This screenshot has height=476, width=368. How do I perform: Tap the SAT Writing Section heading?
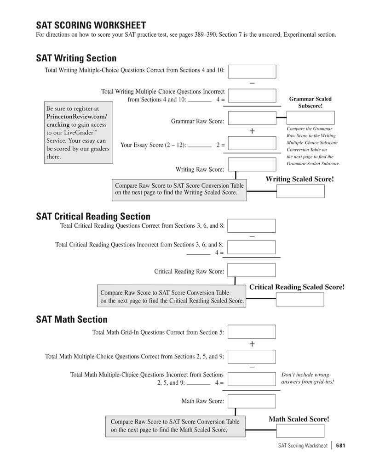(x=76, y=58)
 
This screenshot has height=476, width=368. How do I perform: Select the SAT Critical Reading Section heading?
(x=93, y=216)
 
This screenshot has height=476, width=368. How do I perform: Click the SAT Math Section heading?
(x=71, y=319)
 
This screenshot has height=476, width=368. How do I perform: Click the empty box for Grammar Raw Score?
(x=252, y=118)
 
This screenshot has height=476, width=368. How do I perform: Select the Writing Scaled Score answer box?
(x=300, y=191)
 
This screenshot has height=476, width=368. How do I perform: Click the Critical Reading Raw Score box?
(x=252, y=270)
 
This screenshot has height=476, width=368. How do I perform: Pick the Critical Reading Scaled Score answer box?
(x=300, y=299)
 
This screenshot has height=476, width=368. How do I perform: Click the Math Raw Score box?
(x=252, y=401)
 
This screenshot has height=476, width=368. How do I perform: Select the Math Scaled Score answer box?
(x=300, y=431)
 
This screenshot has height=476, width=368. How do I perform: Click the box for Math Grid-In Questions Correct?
(x=252, y=331)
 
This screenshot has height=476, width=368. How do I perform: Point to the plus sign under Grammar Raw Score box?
(x=252, y=131)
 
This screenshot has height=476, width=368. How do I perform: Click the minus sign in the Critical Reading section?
(x=252, y=236)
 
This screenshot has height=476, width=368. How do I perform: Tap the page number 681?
(x=340, y=446)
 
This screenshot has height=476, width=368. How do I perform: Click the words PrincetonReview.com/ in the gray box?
(x=76, y=117)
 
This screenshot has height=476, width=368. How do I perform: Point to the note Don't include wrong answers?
(x=307, y=378)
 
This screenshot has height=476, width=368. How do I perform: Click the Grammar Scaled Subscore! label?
(x=310, y=102)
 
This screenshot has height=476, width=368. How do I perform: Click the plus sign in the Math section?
(x=252, y=344)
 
